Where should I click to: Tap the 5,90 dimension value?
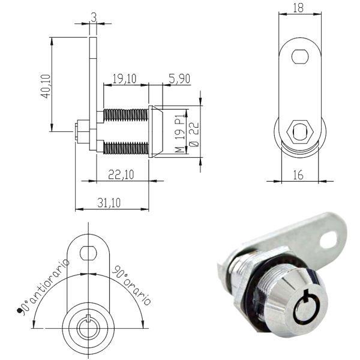[x=179, y=77]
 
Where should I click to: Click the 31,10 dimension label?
[x=109, y=203]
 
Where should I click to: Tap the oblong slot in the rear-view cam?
[x=300, y=57]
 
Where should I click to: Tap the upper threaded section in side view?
[x=125, y=114]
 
